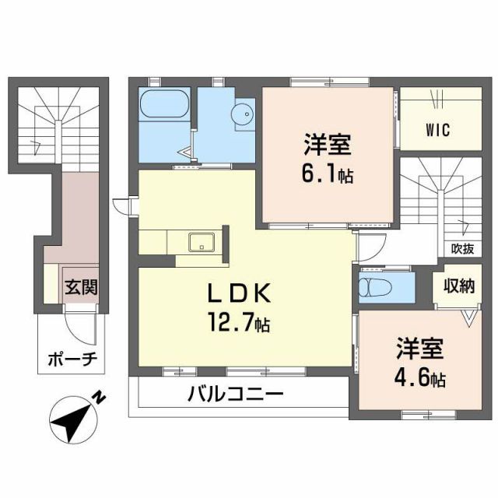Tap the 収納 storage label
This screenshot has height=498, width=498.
point(460,286)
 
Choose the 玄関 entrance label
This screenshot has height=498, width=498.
point(81,286)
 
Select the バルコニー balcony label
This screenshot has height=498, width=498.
point(234,395)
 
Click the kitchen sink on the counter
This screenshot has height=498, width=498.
point(201,242)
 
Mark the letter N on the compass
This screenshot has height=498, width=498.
point(100,398)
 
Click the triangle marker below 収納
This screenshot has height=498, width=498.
point(470,317)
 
